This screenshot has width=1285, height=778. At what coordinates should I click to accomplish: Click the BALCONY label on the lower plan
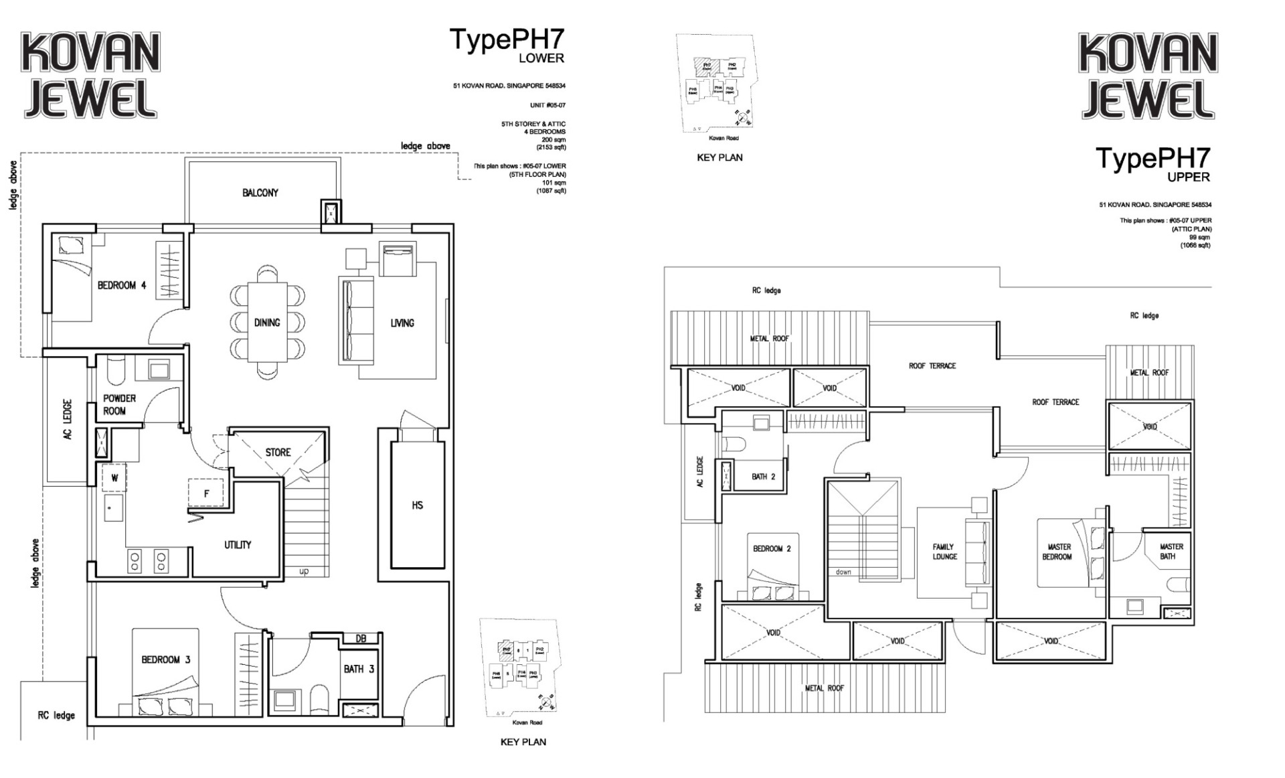260,193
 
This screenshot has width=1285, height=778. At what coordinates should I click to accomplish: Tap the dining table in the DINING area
267,323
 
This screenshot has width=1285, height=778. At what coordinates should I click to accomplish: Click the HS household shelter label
417,505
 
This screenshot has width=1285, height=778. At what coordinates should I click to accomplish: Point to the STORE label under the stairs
278,453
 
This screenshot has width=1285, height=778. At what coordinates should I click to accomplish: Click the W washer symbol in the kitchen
114,478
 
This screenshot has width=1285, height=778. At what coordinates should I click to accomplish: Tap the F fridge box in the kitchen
206,494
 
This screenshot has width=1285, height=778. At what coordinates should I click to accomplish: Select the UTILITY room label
238,545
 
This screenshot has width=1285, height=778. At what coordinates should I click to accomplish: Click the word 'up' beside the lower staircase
304,571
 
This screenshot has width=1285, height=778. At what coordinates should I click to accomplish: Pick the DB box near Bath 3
361,639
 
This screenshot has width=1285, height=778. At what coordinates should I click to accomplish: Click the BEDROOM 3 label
165,659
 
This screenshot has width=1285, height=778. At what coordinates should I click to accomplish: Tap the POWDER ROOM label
119,404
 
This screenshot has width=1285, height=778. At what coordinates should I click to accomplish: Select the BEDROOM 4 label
121,285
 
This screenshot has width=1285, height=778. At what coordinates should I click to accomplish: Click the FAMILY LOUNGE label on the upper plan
944,552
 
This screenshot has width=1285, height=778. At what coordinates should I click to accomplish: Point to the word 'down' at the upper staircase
843,572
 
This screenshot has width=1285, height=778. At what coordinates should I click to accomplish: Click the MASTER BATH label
1171,552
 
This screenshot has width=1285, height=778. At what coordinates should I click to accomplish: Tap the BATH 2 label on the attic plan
763,477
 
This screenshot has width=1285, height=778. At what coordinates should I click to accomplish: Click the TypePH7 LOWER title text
507,44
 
